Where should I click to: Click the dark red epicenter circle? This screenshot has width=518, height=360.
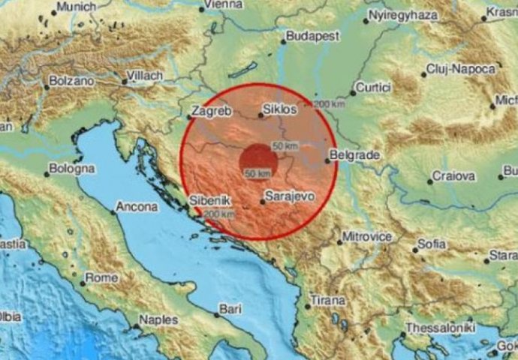256,160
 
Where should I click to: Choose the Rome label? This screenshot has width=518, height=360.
103,277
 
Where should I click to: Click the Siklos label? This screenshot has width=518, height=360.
281,109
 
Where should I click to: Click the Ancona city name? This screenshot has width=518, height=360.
137,207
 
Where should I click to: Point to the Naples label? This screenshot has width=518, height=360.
159,319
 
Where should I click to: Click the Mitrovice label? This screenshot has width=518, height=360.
366,237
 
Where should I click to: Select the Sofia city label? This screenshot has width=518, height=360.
432,244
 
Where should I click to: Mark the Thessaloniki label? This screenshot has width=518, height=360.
439,328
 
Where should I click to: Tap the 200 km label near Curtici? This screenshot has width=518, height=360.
330,103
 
